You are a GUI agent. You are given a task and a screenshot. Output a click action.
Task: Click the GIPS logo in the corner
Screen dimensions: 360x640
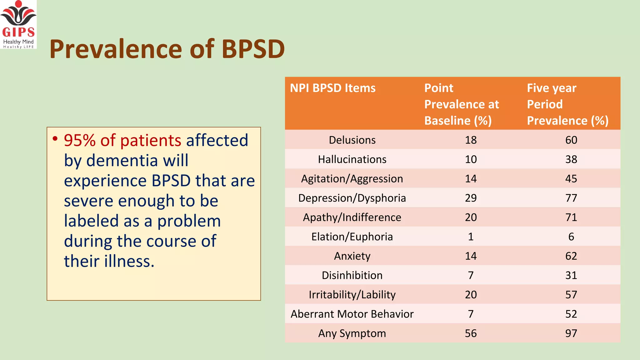click(x=18, y=24)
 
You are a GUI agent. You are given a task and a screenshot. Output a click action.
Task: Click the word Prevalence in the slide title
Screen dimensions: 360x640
click(x=116, y=49)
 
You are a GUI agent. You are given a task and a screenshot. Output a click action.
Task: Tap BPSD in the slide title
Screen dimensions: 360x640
click(x=253, y=49)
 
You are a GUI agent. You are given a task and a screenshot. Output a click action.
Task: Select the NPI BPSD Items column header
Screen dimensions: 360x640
click(x=332, y=88)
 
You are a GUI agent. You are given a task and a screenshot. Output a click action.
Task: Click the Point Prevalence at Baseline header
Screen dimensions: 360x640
click(x=461, y=104)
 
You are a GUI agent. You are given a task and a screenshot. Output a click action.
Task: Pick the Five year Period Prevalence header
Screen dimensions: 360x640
click(x=567, y=104)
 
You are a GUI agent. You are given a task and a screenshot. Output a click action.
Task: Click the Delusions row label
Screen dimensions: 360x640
click(x=352, y=140)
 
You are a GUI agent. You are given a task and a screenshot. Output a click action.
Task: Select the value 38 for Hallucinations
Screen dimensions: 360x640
click(x=571, y=159)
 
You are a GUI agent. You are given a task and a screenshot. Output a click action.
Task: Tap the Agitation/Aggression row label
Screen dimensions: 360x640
click(x=352, y=179)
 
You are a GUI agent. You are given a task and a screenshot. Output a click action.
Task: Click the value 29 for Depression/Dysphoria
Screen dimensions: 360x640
click(x=471, y=198)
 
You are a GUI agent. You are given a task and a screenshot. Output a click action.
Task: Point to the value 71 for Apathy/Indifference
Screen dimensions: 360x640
click(x=571, y=217)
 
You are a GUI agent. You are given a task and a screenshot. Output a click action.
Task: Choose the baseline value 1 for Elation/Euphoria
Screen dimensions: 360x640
click(x=471, y=237)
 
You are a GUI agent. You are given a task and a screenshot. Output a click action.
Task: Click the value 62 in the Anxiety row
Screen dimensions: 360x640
click(x=571, y=256)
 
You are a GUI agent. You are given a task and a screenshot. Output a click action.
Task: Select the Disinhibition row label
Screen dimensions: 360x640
click(x=352, y=275)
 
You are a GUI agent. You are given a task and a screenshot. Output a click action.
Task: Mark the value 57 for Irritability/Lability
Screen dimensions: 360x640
click(x=571, y=295)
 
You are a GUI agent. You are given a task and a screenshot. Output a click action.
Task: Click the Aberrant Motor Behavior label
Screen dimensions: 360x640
click(x=352, y=314)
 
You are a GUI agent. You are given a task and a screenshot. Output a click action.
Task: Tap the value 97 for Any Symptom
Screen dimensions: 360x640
click(x=571, y=333)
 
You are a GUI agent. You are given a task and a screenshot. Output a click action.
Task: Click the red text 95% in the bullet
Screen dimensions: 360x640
click(x=80, y=140)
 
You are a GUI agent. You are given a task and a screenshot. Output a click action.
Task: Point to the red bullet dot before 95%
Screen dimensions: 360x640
click(x=55, y=138)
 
